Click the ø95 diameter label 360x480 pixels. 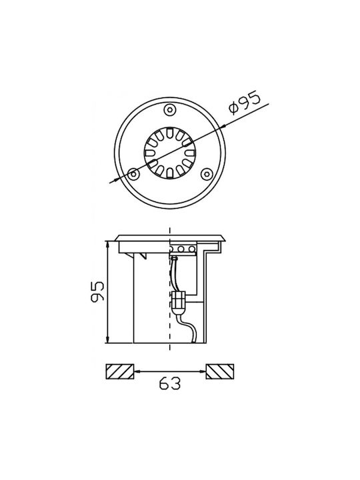click(245, 102)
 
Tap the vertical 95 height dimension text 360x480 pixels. click(97, 291)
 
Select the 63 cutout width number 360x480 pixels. click(170, 383)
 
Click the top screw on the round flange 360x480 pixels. click(170, 109)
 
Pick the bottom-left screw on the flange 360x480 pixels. click(133, 174)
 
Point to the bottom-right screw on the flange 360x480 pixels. click(206, 174)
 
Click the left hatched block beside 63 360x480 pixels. click(120, 371)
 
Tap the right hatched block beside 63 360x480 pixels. click(220, 371)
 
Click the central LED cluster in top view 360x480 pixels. click(170, 153)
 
